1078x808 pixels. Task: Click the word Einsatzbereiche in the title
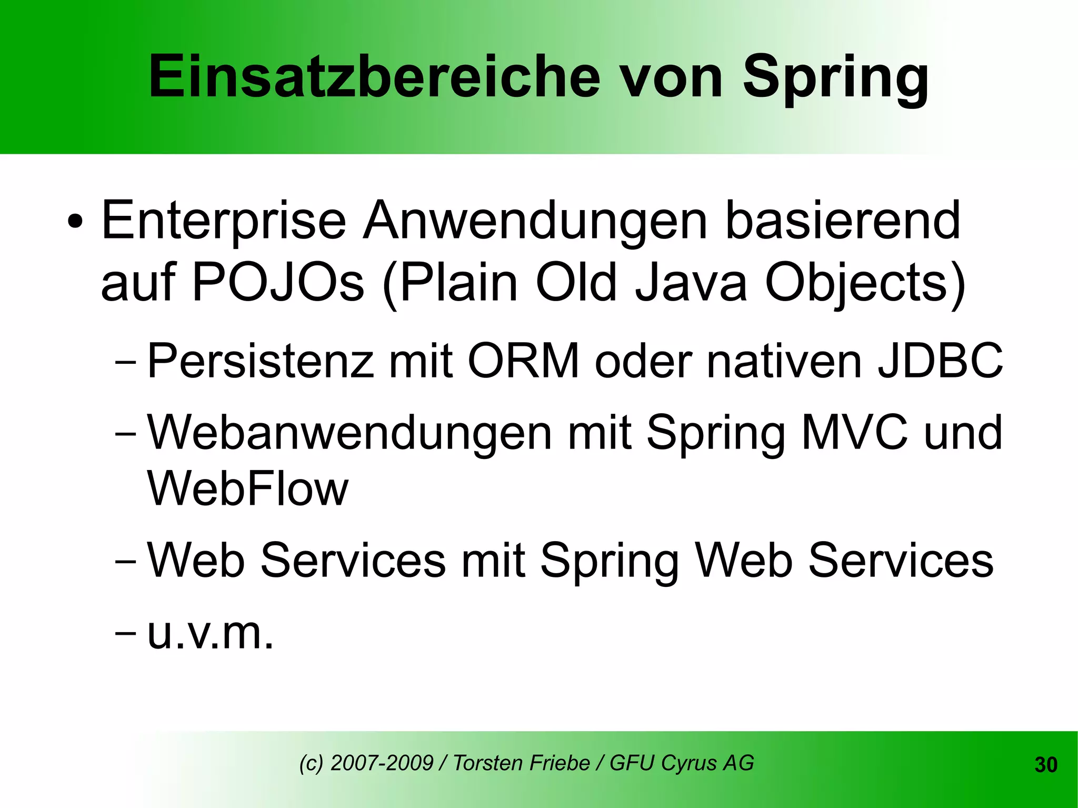[x=374, y=77]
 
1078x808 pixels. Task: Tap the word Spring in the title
[x=836, y=79]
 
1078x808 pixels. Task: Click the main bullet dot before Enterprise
[x=75, y=222]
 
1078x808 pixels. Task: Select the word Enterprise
[x=223, y=221]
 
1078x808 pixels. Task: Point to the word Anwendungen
[x=535, y=221]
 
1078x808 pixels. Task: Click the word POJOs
[x=278, y=283]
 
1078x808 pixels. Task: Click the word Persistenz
[x=260, y=361]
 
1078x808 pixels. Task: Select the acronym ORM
[x=523, y=361]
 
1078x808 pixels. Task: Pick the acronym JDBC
[x=940, y=361]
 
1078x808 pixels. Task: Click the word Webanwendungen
[x=349, y=433]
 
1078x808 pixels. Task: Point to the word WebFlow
[x=247, y=488]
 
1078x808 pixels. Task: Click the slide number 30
[x=1045, y=765]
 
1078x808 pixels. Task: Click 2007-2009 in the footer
[x=382, y=763]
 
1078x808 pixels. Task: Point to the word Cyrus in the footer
[x=688, y=763]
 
